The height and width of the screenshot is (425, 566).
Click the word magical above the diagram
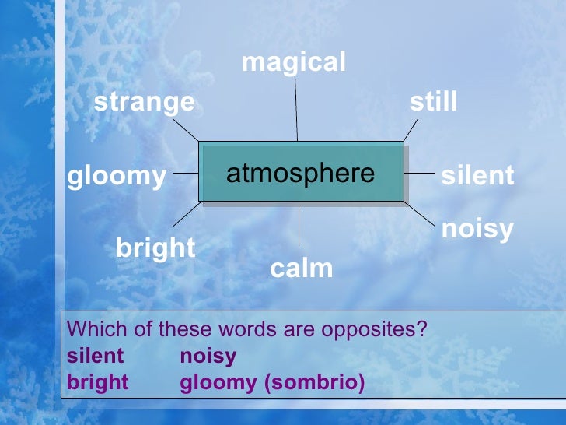(293, 63)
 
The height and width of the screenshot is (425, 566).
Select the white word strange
(145, 102)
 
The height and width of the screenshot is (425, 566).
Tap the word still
(433, 102)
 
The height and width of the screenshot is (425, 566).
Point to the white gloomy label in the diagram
(117, 177)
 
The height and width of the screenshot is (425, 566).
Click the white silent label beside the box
(477, 176)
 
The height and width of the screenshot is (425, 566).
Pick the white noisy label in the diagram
(477, 229)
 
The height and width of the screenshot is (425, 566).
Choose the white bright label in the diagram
(155, 248)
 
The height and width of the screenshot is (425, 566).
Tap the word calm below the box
(301, 269)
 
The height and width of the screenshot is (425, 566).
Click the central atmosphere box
(301, 173)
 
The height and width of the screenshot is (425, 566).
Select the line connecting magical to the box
(296, 109)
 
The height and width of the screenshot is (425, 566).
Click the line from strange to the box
(187, 129)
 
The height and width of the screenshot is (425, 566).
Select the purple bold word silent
(96, 356)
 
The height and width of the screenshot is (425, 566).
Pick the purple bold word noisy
(208, 356)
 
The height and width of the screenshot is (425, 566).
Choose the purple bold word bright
(98, 383)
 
